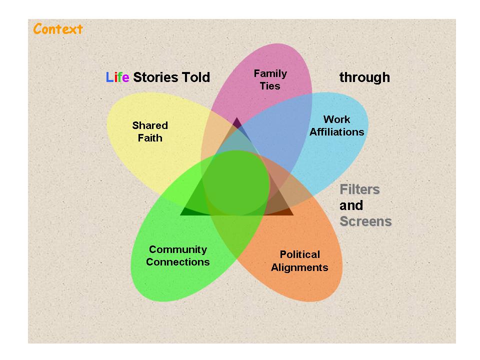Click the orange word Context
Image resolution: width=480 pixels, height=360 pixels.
(58, 29)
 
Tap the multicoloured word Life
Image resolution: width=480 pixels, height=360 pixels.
(117, 77)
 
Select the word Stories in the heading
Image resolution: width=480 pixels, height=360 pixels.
(155, 77)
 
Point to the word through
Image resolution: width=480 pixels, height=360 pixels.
(364, 77)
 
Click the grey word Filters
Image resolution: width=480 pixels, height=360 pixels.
(359, 189)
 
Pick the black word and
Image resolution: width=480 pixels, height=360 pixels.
(351, 205)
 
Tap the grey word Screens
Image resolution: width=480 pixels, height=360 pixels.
(365, 221)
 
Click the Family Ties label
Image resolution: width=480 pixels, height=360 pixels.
(270, 79)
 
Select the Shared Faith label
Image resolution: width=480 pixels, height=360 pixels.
(150, 131)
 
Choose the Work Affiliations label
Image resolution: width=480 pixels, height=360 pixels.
(337, 125)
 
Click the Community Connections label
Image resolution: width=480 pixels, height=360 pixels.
(178, 255)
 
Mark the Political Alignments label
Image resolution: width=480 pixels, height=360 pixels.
(299, 260)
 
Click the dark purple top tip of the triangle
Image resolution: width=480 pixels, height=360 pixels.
(236, 122)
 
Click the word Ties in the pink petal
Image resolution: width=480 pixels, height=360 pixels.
(270, 86)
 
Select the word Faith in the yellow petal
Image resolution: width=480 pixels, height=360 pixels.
(150, 138)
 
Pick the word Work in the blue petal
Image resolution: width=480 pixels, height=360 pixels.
(337, 119)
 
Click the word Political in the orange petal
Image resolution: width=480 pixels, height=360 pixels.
(299, 254)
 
